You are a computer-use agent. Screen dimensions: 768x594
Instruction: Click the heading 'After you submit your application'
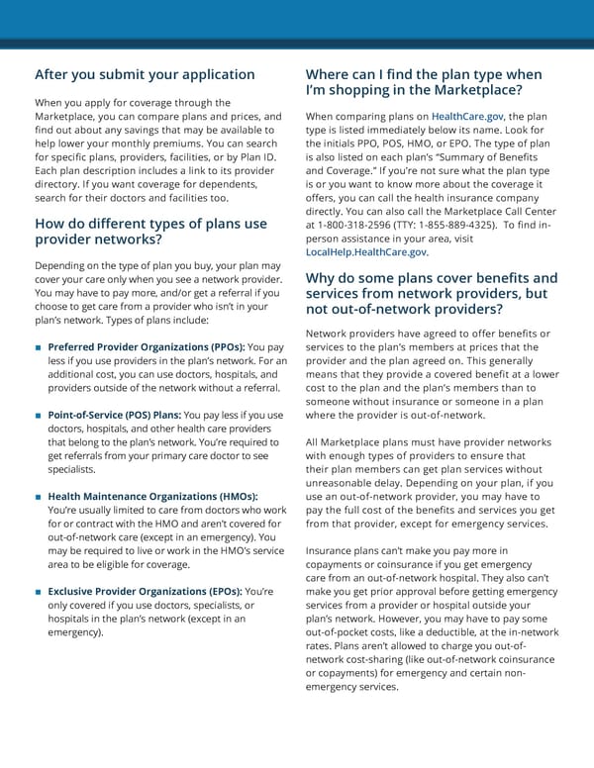[x=145, y=74]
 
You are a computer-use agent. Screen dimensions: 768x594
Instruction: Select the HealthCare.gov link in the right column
[x=468, y=116]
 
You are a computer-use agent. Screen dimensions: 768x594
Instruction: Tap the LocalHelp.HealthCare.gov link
[x=367, y=252]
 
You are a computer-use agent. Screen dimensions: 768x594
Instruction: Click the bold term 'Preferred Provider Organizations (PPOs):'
[x=146, y=347]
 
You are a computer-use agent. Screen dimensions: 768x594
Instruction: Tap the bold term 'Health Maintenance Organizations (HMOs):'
[x=152, y=496]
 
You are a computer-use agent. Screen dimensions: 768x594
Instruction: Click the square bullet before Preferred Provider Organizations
[x=37, y=347]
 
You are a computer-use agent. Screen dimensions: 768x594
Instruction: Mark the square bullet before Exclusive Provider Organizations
[x=37, y=591]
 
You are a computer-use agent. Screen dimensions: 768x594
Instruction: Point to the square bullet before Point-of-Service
[x=37, y=415]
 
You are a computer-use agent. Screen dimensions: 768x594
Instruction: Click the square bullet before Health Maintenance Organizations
[x=37, y=496]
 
